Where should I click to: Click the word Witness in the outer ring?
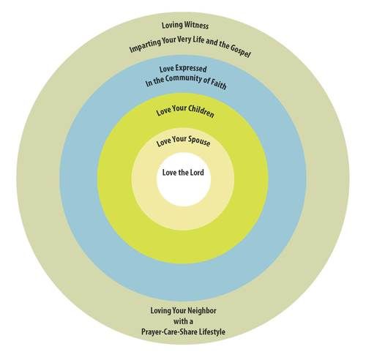196,26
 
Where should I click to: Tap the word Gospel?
240,51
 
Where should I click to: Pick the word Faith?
218,84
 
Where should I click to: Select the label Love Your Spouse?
183,141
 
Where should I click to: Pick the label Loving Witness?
185,25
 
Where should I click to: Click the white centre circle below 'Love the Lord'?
184,192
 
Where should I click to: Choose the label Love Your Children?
185,112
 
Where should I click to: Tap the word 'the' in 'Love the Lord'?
182,173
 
